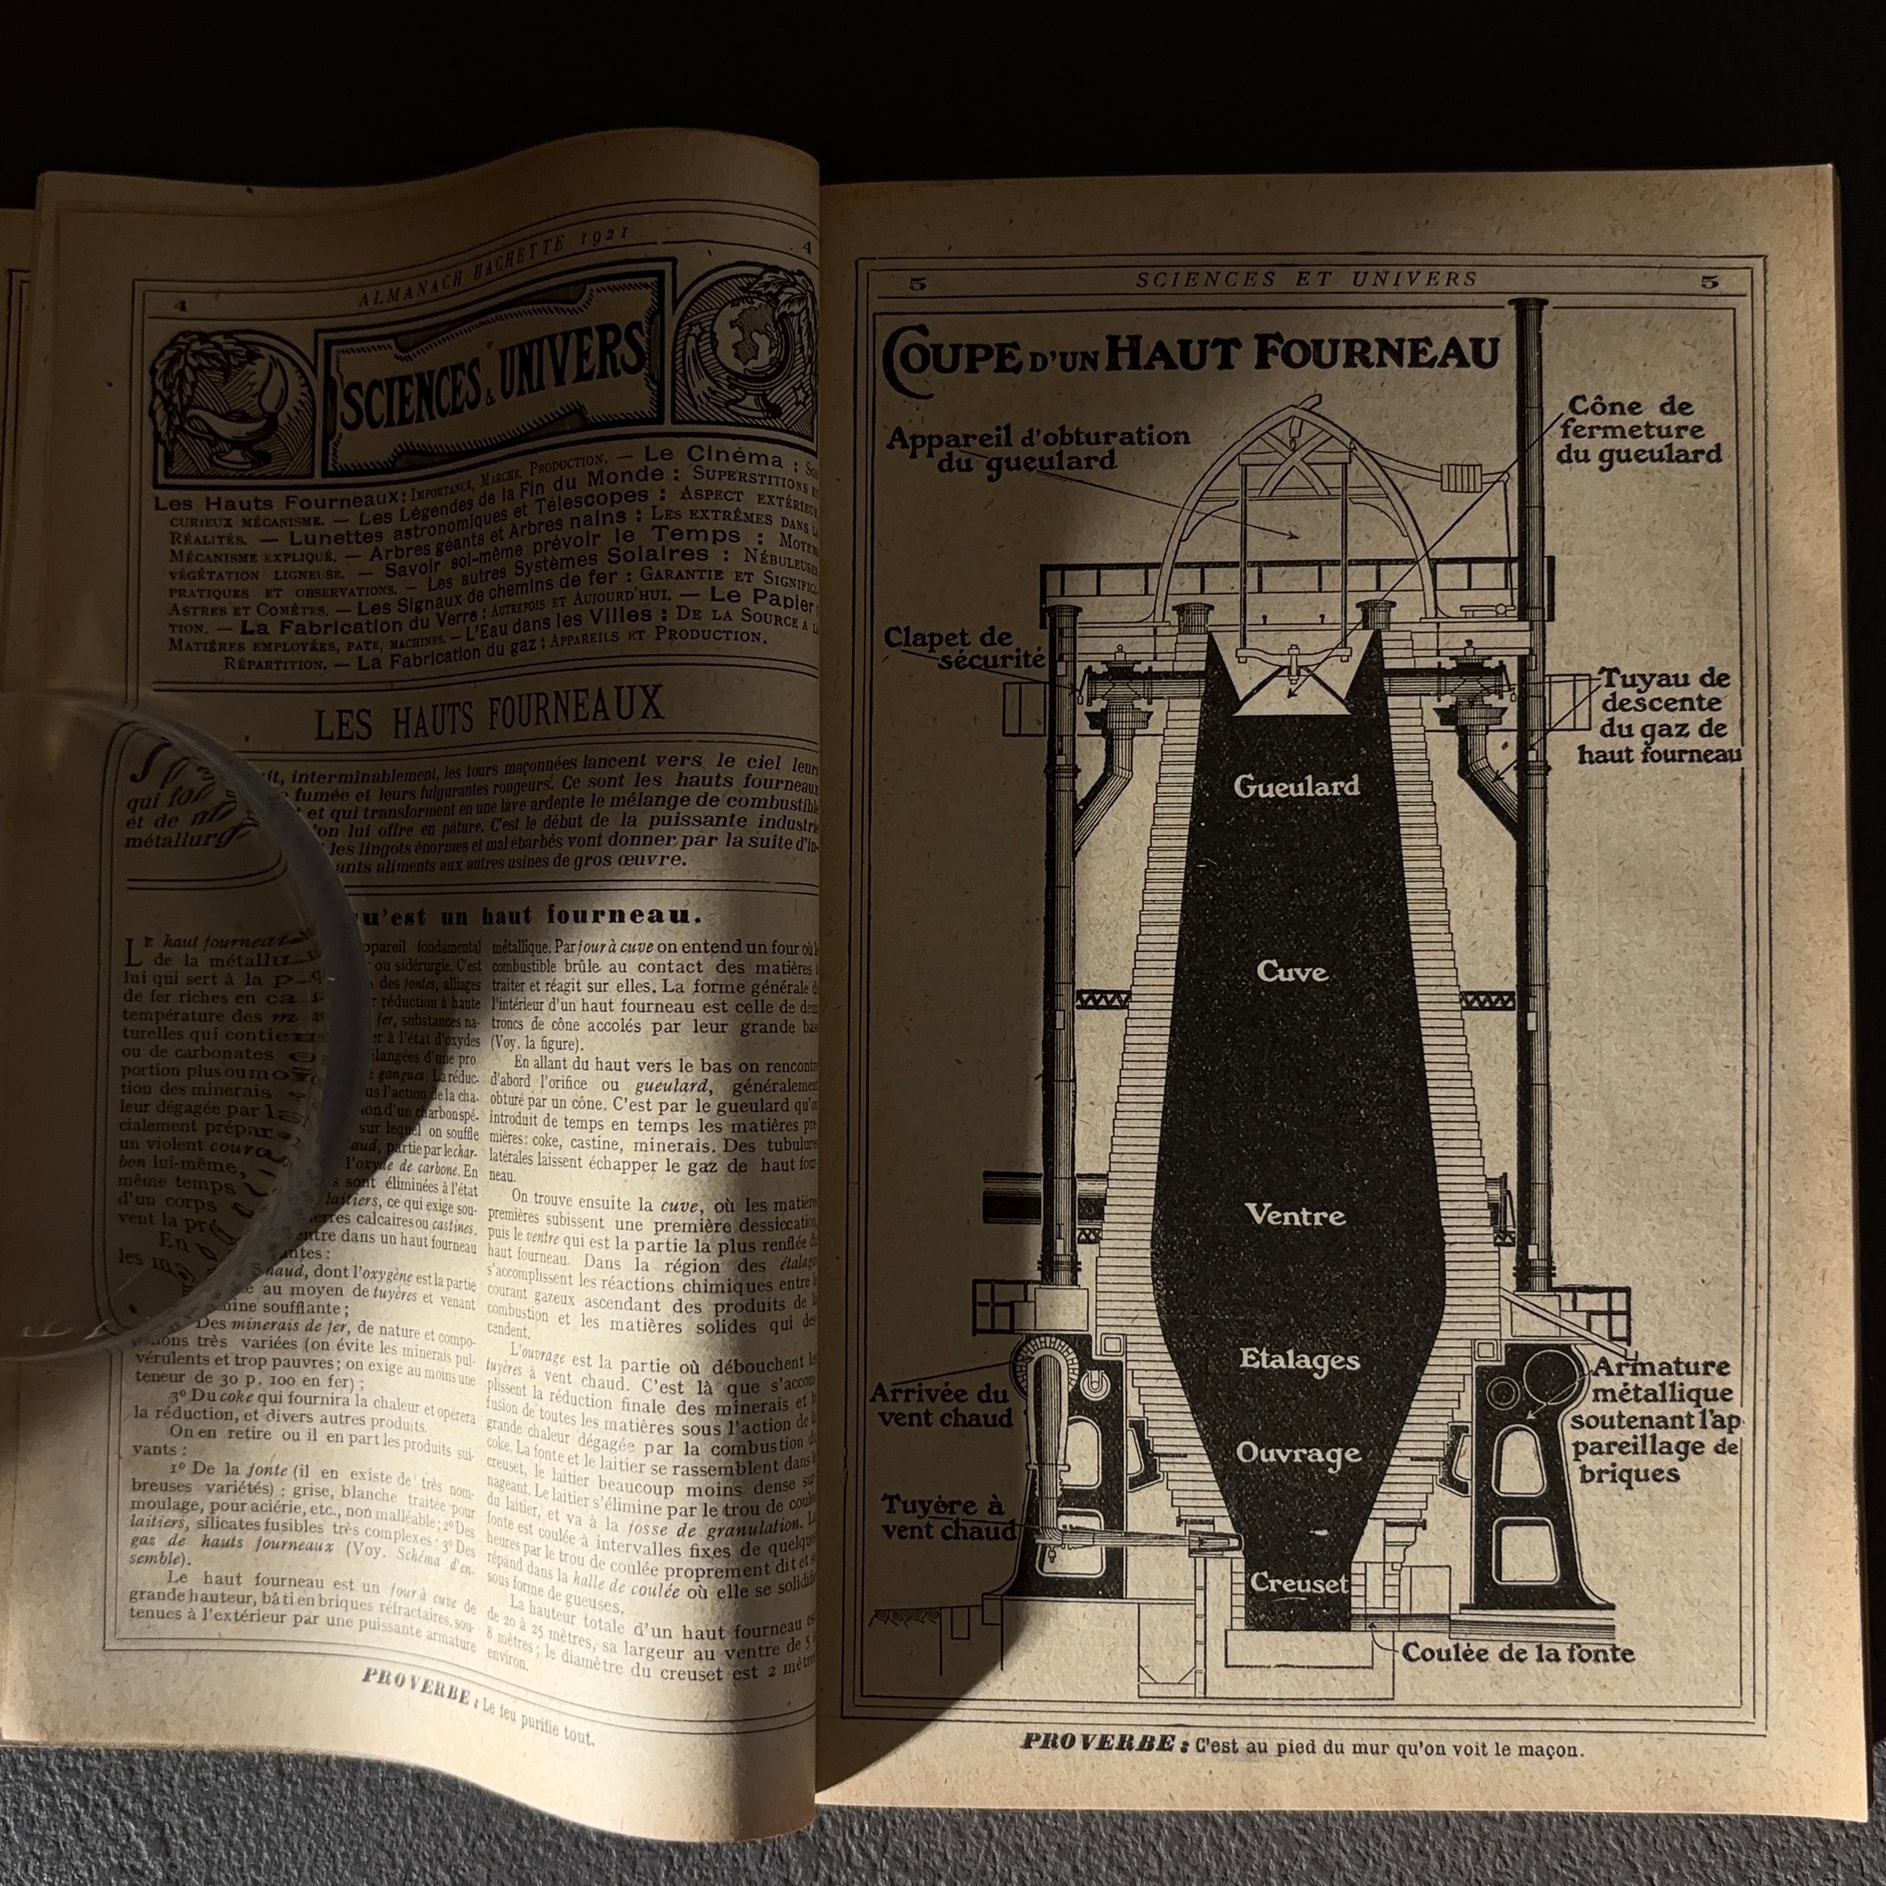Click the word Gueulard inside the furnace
click(x=1295, y=786)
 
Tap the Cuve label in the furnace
click(x=1292, y=972)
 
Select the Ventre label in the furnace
click(x=1295, y=1216)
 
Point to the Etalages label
click(x=1298, y=1359)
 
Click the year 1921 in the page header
click(x=599, y=261)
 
